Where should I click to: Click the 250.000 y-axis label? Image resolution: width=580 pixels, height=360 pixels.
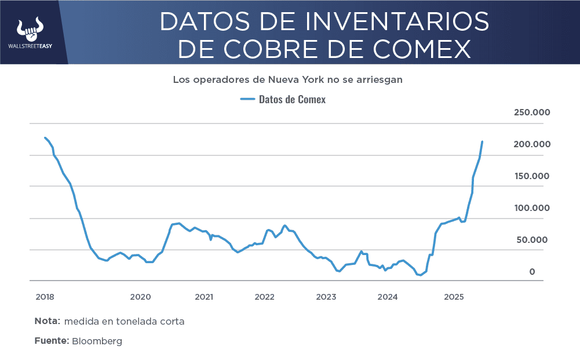pyautogui.click(x=532, y=112)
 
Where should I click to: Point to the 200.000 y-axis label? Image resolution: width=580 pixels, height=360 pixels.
pyautogui.click(x=532, y=144)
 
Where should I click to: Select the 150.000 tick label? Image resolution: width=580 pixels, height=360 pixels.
pyautogui.click(x=532, y=176)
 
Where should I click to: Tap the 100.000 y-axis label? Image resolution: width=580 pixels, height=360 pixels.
pyautogui.click(x=532, y=208)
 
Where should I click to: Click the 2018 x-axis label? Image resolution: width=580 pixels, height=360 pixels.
pyautogui.click(x=45, y=297)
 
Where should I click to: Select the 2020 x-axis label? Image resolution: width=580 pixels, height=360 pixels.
pyautogui.click(x=140, y=297)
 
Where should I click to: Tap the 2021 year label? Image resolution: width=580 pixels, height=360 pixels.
pyautogui.click(x=203, y=297)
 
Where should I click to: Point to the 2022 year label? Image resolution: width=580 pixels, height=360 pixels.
pyautogui.click(x=264, y=297)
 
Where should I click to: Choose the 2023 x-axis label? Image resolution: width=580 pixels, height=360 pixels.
pyautogui.click(x=326, y=297)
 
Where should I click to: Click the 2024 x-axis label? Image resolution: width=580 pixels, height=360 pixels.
pyautogui.click(x=387, y=297)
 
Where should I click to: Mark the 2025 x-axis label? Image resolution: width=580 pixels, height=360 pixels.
pyautogui.click(x=454, y=297)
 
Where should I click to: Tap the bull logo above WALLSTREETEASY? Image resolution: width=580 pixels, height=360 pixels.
pyautogui.click(x=30, y=28)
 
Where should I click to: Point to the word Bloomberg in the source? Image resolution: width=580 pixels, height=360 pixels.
pyautogui.click(x=97, y=341)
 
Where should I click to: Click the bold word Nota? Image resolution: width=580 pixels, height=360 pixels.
pyautogui.click(x=47, y=321)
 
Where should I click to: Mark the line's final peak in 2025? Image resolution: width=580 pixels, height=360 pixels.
pyautogui.click(x=482, y=141)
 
